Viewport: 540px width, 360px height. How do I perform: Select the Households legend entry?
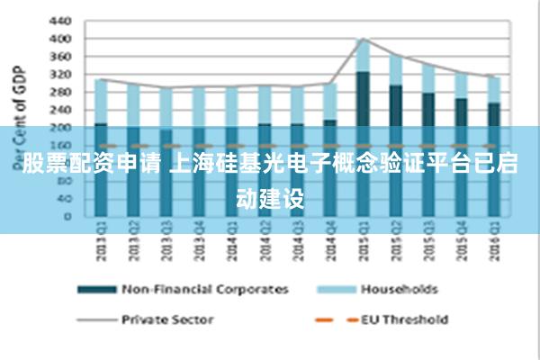click(x=399, y=289)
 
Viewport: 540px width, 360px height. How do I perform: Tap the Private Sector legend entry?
click(x=166, y=319)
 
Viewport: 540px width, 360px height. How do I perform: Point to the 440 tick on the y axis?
click(x=58, y=21)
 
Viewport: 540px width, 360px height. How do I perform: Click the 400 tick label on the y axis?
click(x=58, y=39)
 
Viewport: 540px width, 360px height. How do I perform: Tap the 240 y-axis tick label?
click(x=58, y=110)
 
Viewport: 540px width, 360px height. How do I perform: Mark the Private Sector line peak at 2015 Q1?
click(x=363, y=39)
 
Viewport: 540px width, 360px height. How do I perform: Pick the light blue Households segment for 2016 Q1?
click(x=493, y=89)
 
